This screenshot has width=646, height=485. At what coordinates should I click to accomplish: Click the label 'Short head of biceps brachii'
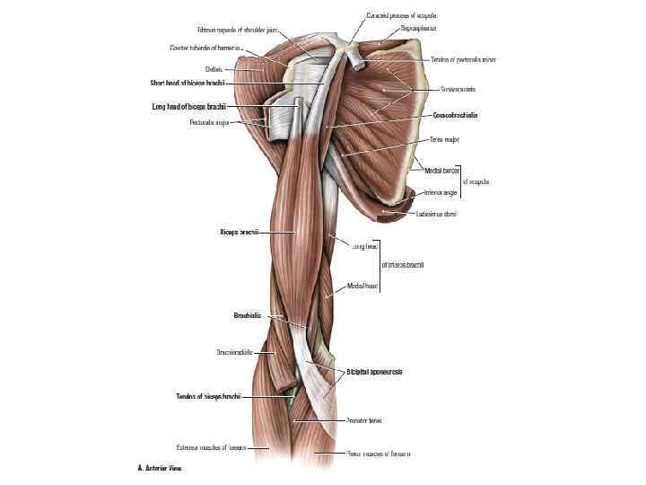tap(187, 83)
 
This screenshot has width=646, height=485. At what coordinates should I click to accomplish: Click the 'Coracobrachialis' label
tap(455, 116)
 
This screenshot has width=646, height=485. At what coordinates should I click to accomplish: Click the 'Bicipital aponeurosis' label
tap(374, 372)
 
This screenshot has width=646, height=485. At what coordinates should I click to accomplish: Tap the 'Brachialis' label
tap(246, 315)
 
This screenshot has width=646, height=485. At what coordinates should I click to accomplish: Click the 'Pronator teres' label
tap(364, 420)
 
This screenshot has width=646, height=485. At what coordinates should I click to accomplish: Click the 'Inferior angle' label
tap(441, 192)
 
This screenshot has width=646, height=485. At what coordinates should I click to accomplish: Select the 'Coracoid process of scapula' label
tap(401, 15)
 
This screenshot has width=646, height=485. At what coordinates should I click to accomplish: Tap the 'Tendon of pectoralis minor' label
tap(463, 59)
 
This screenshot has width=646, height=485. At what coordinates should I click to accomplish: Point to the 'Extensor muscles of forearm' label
tap(213, 446)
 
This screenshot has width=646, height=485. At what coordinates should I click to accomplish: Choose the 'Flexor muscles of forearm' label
tap(378, 454)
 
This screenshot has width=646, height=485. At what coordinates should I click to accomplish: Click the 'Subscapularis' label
tap(458, 90)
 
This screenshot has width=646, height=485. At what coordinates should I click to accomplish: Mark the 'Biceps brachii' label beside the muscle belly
tap(240, 232)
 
